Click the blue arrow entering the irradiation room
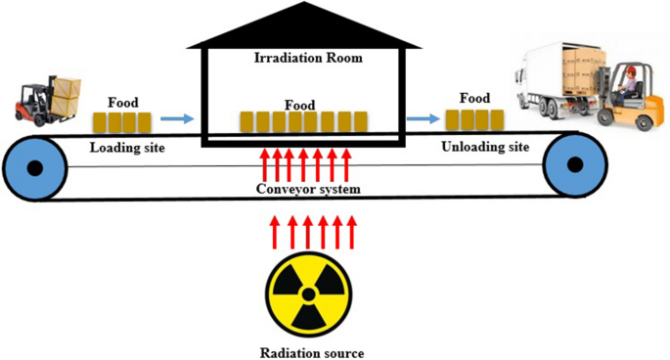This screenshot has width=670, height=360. coord(177,120)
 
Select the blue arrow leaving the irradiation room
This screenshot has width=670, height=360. coord(423,119)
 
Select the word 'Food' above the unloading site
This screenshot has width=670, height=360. coord(473,98)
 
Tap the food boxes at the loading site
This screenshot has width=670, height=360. coord(122,122)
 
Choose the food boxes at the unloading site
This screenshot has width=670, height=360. coord(474,120)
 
